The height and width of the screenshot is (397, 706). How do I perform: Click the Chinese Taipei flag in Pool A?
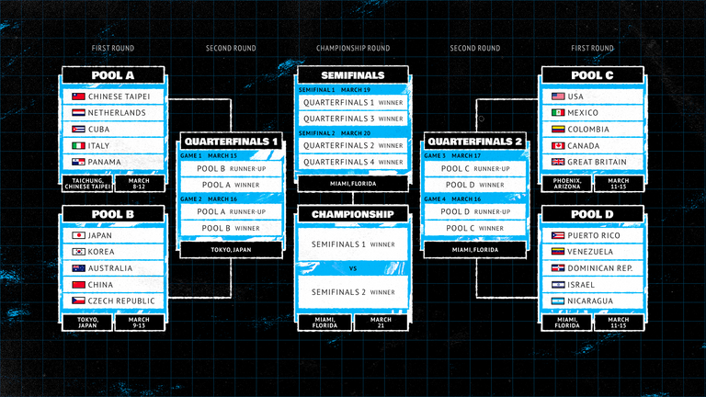point(79,96)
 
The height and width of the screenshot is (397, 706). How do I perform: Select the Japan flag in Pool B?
point(79,234)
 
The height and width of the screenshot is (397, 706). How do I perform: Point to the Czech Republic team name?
point(122,301)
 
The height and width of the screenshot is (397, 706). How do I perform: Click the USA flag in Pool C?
point(558,96)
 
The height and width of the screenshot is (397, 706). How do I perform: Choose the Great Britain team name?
point(598,163)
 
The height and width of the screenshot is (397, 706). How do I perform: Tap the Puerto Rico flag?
point(558,234)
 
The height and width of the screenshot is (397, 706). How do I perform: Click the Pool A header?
point(113,74)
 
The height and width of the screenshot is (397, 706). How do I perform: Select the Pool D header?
point(592,214)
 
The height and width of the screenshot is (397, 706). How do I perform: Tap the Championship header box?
point(352,214)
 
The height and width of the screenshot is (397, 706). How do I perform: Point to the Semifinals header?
point(352,74)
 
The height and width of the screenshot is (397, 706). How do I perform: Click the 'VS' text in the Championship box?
point(352,268)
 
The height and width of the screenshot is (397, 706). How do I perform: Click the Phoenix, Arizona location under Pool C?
point(568,183)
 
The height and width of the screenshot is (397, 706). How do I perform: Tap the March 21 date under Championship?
point(381,322)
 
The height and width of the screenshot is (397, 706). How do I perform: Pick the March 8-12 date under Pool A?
point(142,183)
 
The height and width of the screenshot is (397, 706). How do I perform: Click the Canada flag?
point(558,146)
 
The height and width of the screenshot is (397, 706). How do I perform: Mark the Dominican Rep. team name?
point(603,267)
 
